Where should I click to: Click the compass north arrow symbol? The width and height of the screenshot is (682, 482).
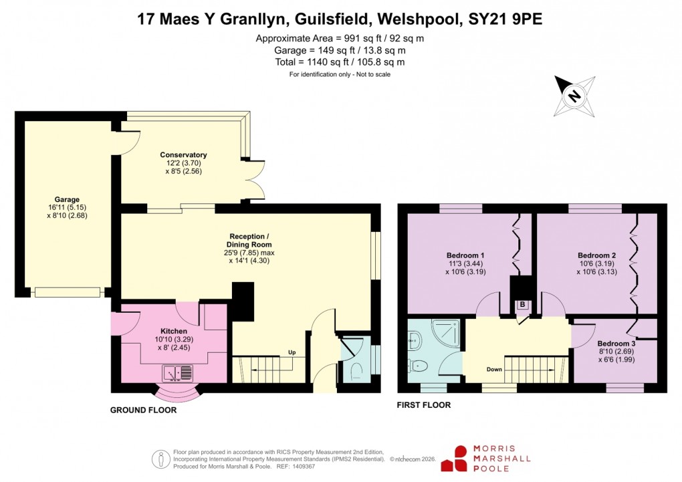(574, 96)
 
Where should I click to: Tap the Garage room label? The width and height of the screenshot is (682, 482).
(67, 199)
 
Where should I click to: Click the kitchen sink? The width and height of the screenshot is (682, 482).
(178, 371)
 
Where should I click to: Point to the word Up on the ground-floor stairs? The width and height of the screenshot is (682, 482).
(292, 352)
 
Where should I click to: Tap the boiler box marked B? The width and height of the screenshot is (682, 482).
(522, 305)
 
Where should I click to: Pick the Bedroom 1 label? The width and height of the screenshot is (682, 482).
(465, 255)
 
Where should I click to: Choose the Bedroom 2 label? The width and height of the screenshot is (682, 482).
(596, 255)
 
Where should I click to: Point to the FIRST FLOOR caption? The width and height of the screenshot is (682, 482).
(424, 405)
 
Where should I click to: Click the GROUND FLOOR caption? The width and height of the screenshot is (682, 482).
(143, 410)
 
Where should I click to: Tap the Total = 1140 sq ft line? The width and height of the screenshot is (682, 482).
(340, 62)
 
